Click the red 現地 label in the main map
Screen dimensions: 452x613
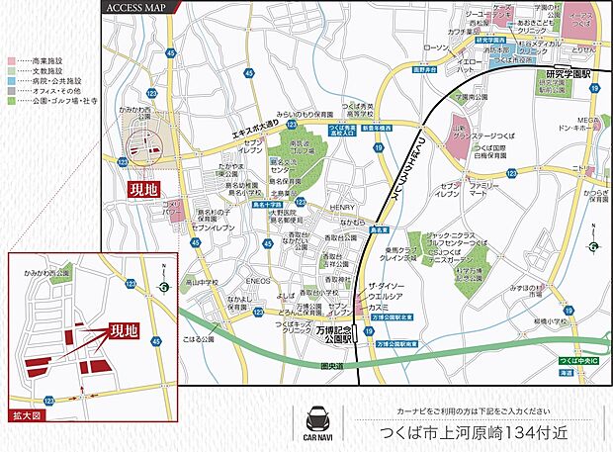147,186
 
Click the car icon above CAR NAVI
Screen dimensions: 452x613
318,413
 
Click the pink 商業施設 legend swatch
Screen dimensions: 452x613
11,59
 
